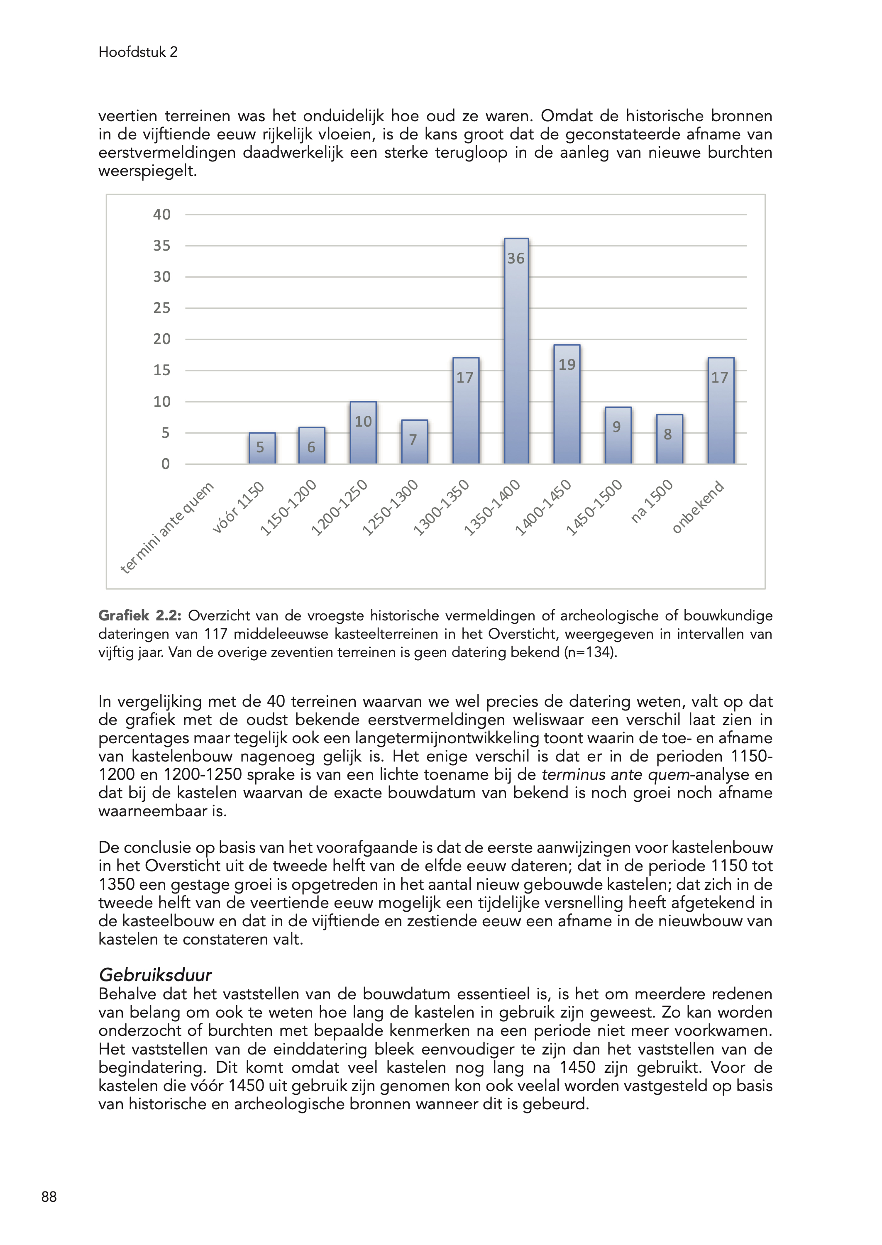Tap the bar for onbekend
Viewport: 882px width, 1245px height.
click(721, 413)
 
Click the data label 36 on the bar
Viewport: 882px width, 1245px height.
click(516, 259)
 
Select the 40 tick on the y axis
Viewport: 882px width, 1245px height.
click(162, 215)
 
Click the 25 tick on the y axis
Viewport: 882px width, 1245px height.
click(162, 308)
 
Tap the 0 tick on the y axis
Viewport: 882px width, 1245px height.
click(165, 464)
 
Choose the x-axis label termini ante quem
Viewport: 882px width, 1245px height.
click(167, 528)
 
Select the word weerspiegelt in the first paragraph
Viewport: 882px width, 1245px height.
click(147, 171)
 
